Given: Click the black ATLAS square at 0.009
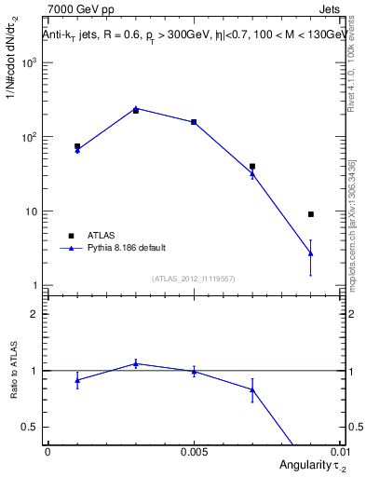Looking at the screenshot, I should click(310, 214).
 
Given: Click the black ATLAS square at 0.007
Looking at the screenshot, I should click(252, 167).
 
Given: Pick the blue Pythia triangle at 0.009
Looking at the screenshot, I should click(310, 252).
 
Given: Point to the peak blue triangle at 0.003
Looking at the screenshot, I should click(136, 108).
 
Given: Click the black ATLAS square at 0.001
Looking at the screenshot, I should click(77, 146).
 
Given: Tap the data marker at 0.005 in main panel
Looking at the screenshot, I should click(194, 122).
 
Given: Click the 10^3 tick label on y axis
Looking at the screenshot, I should click(29, 62).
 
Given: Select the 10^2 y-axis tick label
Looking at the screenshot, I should click(29, 137).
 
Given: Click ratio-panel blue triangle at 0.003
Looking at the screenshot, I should click(136, 363).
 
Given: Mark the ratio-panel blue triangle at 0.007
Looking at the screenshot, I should click(252, 389).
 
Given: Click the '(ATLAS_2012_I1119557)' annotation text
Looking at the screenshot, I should click(194, 279).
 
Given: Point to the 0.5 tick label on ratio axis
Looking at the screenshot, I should click(30, 427).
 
